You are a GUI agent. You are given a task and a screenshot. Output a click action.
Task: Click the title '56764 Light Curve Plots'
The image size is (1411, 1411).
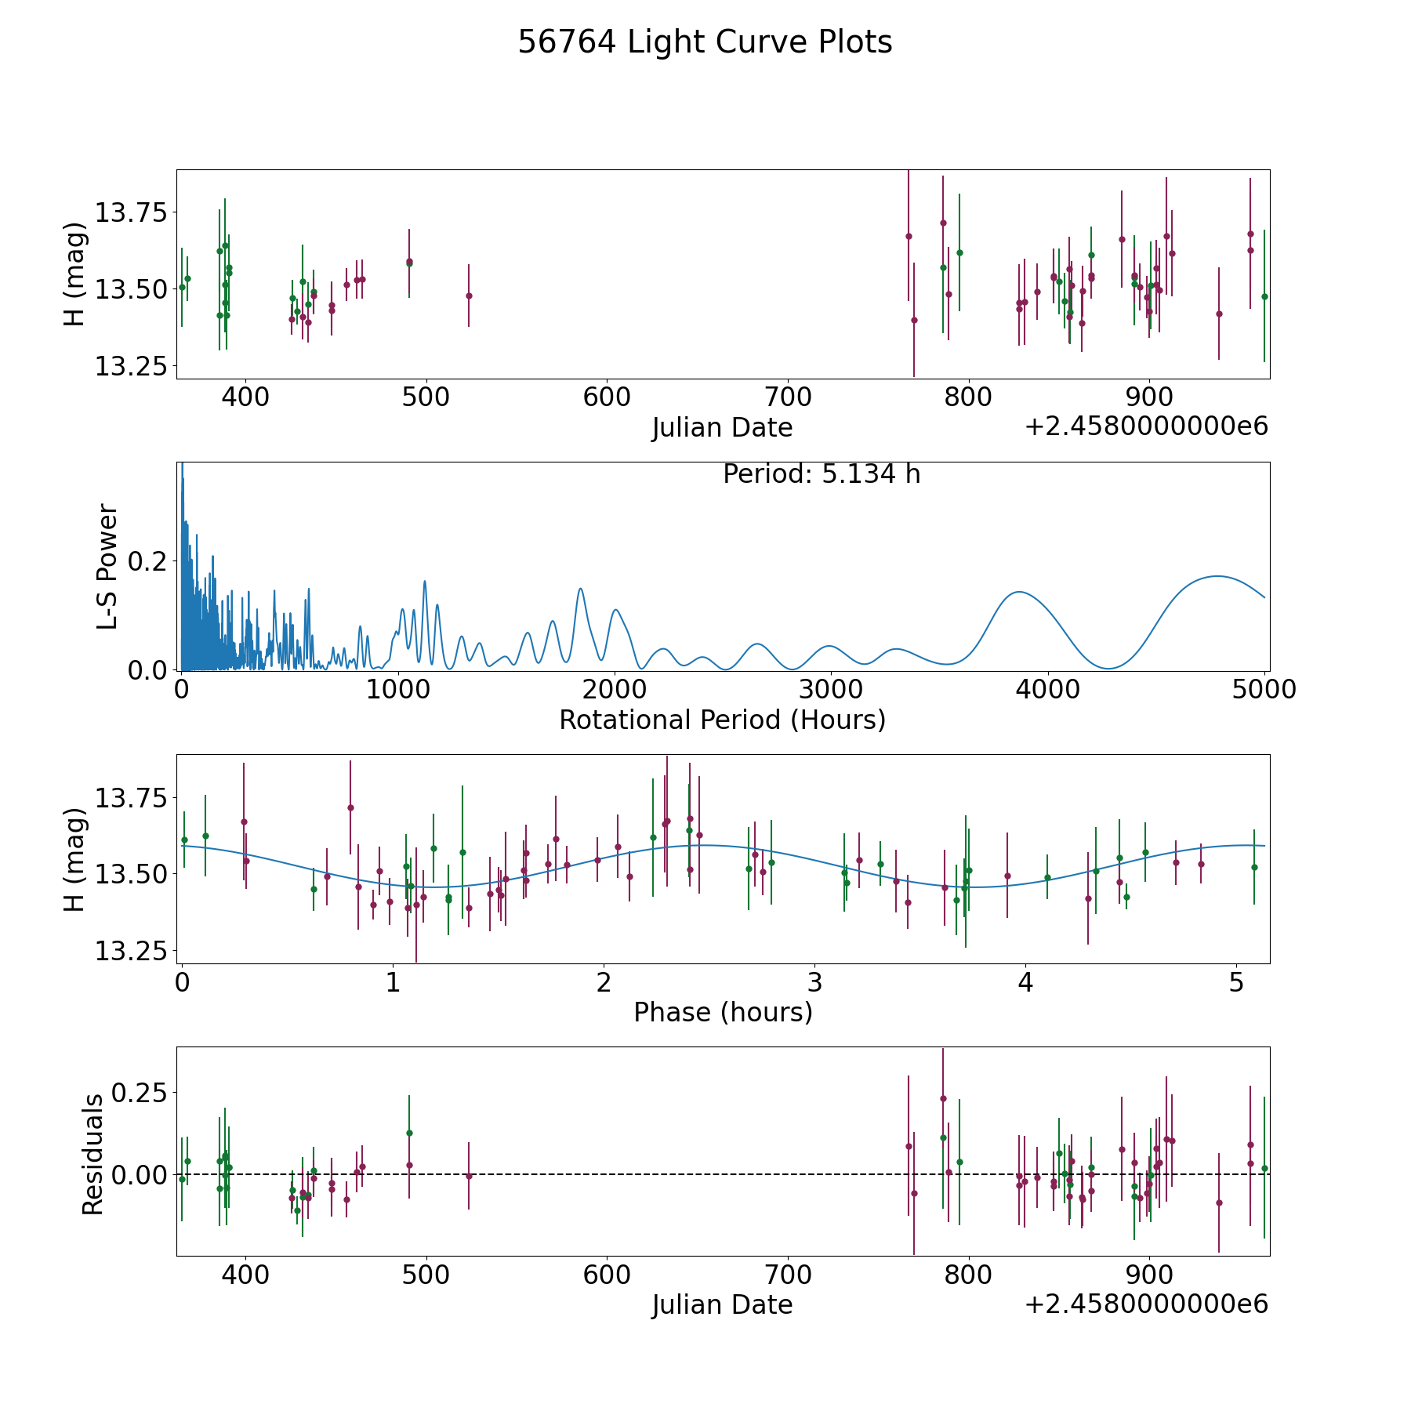(705, 42)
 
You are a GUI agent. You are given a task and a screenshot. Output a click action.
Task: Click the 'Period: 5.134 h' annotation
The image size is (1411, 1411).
(822, 474)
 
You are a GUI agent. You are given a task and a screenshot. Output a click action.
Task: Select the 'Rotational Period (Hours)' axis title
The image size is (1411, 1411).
(722, 720)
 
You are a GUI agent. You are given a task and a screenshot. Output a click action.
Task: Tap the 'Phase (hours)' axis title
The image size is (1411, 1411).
(723, 1012)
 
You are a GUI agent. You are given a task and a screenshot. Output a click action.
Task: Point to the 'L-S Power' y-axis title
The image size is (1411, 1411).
(107, 566)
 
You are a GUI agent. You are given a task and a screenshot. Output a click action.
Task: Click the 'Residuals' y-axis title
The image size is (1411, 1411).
(93, 1154)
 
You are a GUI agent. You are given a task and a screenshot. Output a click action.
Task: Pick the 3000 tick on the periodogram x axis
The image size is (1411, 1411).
(830, 690)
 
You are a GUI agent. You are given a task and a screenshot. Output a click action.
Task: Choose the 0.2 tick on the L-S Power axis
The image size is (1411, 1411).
(149, 561)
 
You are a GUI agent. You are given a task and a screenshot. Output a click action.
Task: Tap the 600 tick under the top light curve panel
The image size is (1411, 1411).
(607, 397)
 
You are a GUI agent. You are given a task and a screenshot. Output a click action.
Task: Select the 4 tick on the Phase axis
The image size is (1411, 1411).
(1025, 982)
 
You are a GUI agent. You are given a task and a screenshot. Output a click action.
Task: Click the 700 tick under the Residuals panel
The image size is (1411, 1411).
(788, 1275)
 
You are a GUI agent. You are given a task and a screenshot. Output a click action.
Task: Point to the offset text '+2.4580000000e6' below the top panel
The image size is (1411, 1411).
(1146, 427)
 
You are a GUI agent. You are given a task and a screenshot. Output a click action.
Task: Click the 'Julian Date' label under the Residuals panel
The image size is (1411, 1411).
(722, 1304)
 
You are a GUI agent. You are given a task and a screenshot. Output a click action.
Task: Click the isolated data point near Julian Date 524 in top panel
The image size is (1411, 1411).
(469, 296)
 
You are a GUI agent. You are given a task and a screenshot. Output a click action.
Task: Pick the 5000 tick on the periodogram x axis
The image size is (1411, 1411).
(1264, 690)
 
